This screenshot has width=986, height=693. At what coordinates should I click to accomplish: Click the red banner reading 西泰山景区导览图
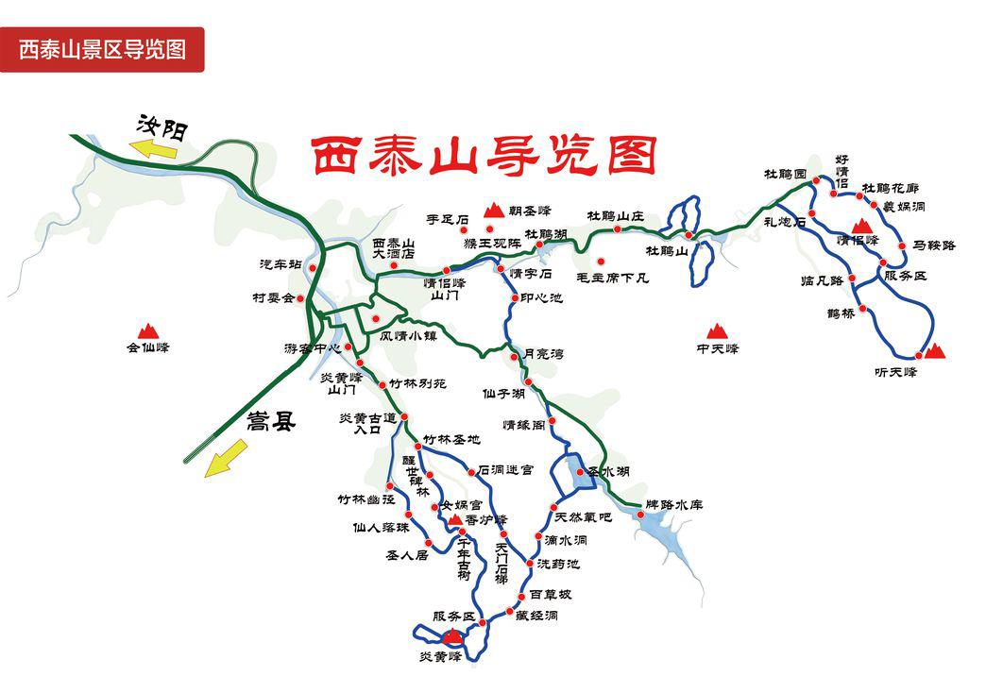tap(102, 49)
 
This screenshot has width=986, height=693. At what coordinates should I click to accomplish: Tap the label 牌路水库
tap(674, 505)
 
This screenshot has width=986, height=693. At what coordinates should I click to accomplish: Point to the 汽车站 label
tap(281, 263)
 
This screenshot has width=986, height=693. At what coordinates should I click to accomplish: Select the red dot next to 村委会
tap(301, 298)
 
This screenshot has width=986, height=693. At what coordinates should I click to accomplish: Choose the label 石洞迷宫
tap(505, 469)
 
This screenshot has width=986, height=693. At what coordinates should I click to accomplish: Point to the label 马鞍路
tap(934, 245)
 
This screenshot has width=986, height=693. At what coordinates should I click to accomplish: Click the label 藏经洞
tap(536, 616)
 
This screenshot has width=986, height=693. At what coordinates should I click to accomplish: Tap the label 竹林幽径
tap(361, 499)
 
